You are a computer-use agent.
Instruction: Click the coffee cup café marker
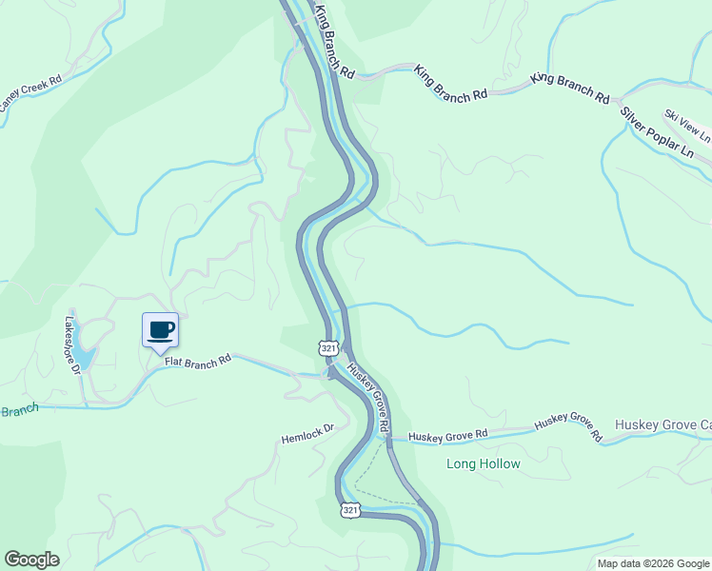[160, 330]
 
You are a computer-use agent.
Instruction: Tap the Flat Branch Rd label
[198, 361]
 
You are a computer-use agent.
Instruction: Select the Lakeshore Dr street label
[73, 345]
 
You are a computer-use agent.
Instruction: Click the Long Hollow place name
[484, 464]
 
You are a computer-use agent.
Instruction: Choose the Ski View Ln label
[687, 127]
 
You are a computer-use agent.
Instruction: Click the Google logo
[31, 560]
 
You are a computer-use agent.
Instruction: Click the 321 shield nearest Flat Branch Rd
[328, 348]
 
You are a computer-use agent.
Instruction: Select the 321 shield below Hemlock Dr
[350, 511]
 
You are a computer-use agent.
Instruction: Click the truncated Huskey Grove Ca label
[663, 424]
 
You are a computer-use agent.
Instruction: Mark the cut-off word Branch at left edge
[18, 410]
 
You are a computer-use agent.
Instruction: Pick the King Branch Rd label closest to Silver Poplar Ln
[570, 88]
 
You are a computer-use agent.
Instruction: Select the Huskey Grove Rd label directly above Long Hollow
[447, 435]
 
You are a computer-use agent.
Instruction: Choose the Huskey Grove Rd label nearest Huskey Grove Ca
[568, 428]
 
